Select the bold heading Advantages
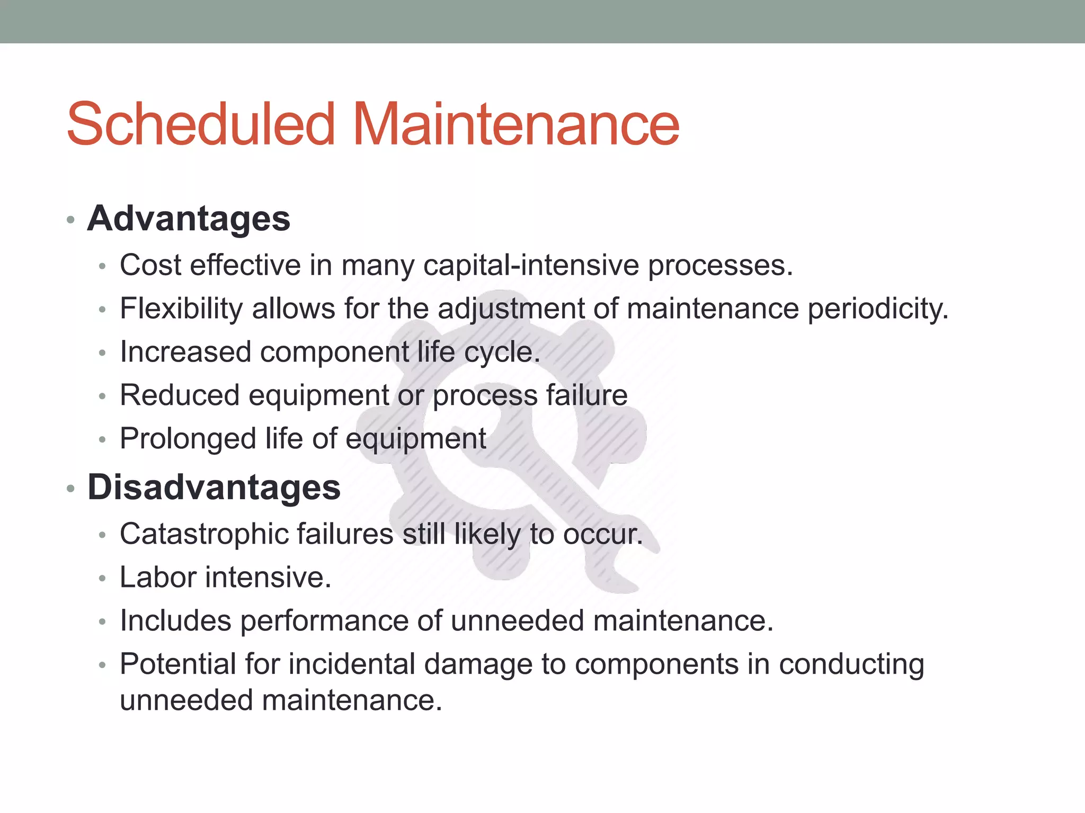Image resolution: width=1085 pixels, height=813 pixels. coord(189,218)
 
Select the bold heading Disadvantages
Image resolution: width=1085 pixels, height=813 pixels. coord(214,487)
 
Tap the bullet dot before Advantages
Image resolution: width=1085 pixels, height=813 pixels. coord(70,220)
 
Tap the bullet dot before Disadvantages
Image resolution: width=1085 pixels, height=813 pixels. coord(70,489)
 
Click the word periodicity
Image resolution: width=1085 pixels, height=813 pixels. coord(877,308)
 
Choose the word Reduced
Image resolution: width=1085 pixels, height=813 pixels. coord(180,395)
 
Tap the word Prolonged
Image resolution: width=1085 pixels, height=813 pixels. coord(188,439)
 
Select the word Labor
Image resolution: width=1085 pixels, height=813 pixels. coord(158,577)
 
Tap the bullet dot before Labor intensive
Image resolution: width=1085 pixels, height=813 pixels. coord(103,579)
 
